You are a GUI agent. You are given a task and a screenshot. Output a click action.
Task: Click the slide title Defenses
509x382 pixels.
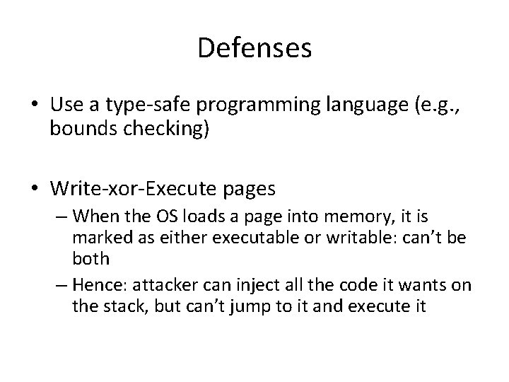(x=255, y=49)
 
